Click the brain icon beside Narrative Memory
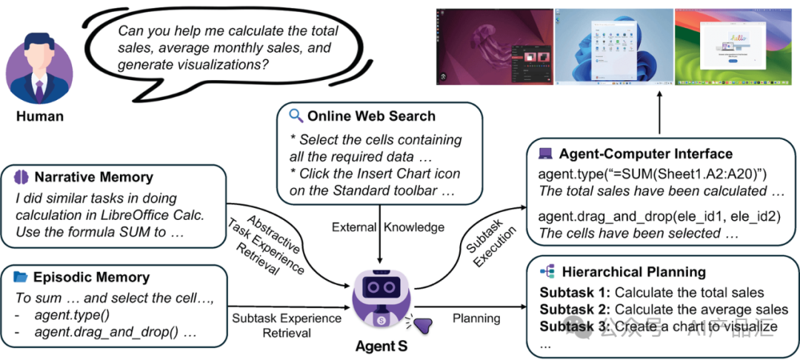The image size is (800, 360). pos(21,178)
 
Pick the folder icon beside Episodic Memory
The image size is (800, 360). pos(21,278)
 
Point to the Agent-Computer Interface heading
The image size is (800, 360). pos(645,154)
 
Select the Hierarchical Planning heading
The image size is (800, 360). pos(633,272)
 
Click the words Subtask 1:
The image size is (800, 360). pos(574,293)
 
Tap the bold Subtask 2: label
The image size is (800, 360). pos(574,310)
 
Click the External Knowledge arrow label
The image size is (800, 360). pos(379,227)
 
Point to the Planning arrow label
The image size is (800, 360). pos(476,319)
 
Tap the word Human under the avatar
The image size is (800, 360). pos(39,116)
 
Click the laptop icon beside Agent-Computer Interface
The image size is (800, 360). pos(545,154)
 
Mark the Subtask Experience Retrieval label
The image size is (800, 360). pos(287,326)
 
